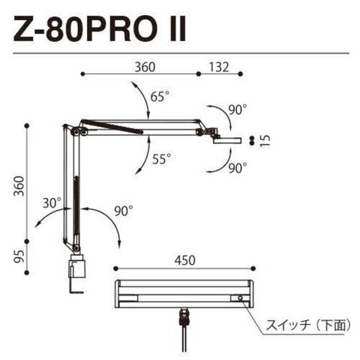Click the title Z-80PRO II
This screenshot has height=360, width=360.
pos(99,28)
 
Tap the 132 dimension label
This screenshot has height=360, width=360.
pos(219,67)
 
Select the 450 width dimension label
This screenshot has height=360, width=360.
pos(184,260)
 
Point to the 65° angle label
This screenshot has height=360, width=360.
pos(160,96)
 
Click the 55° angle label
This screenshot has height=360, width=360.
pos(162,159)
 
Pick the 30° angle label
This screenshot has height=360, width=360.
pos(52,202)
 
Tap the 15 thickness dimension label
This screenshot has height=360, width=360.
pos(265,140)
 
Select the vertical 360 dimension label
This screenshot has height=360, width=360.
pos(19,186)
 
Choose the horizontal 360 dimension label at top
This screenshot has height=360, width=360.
pos(145,67)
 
